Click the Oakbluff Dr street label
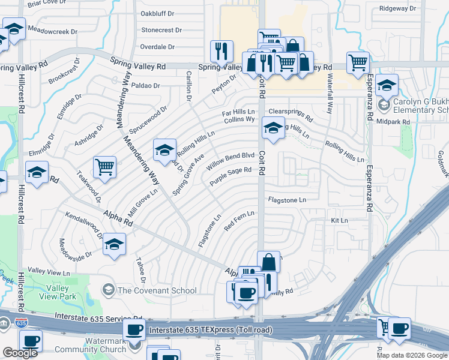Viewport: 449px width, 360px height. click(157, 13)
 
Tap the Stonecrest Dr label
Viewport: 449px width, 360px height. click(161, 30)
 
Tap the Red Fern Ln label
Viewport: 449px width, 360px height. click(240, 221)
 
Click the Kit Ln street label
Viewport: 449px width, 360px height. click(340, 221)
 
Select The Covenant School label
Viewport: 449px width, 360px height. click(157, 291)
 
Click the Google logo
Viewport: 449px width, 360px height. click(20, 353)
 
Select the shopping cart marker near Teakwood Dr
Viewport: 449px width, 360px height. click(104, 167)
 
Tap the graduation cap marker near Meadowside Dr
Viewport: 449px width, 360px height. click(114, 244)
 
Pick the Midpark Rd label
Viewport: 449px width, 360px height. click(394, 122)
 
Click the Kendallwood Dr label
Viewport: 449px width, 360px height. click(83, 223)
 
